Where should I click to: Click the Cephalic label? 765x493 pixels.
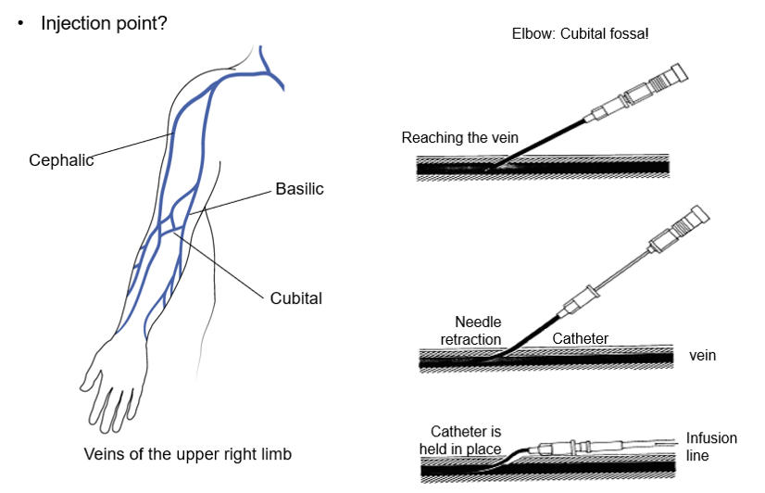tap(61, 159)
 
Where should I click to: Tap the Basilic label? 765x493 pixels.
tap(299, 189)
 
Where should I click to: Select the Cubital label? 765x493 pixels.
tap(296, 298)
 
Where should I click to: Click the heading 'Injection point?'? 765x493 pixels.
tap(104, 22)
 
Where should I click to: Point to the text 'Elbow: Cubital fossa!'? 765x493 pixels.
tap(581, 34)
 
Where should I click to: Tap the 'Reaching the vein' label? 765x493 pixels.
tap(459, 138)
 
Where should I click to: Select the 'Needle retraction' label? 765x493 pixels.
tap(471, 330)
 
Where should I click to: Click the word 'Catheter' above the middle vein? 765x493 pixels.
tap(580, 338)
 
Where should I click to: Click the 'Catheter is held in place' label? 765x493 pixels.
tap(466, 440)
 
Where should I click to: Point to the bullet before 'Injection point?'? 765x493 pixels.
tap(19, 22)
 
